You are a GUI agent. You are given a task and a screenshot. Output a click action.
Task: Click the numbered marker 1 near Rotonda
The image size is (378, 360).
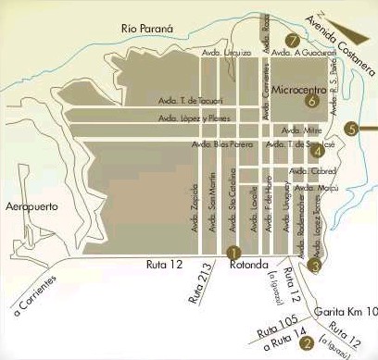(233, 251)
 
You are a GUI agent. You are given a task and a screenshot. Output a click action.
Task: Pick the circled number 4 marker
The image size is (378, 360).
(318, 152)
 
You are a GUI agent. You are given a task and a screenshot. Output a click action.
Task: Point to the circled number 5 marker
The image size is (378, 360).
(350, 129)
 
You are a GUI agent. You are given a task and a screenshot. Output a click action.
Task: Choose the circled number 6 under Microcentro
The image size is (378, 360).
(311, 100)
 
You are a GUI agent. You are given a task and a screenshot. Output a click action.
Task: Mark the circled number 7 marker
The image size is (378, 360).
(292, 40)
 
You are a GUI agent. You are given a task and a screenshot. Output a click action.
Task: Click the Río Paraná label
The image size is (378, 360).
(148, 30)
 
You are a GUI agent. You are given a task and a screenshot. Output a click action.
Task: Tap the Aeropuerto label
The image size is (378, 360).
(32, 205)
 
